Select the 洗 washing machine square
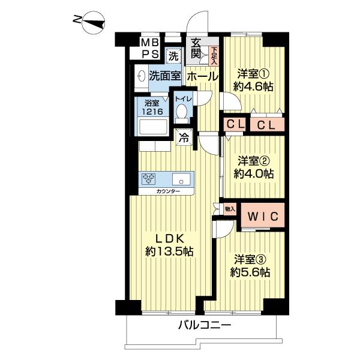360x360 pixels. pos(174,56)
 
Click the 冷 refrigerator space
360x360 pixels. pos(184,137)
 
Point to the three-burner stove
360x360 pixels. pos(149,179)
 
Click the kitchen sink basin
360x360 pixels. pos(181,179)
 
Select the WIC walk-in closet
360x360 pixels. pos(263,215)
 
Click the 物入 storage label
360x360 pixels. pos(230,209)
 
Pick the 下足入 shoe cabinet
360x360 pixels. pos(214,56)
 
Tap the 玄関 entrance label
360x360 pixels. pos(196,52)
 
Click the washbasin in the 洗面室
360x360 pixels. pos(142,76)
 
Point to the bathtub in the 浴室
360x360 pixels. pos(154,127)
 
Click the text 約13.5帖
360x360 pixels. pos(169,251)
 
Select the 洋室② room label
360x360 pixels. pos(253,161)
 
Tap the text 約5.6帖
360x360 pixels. pos(250,272)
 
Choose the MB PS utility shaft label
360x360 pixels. pos(149,49)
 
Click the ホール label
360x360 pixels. pos(202,76)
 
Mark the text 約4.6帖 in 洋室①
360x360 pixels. pos(253,87)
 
